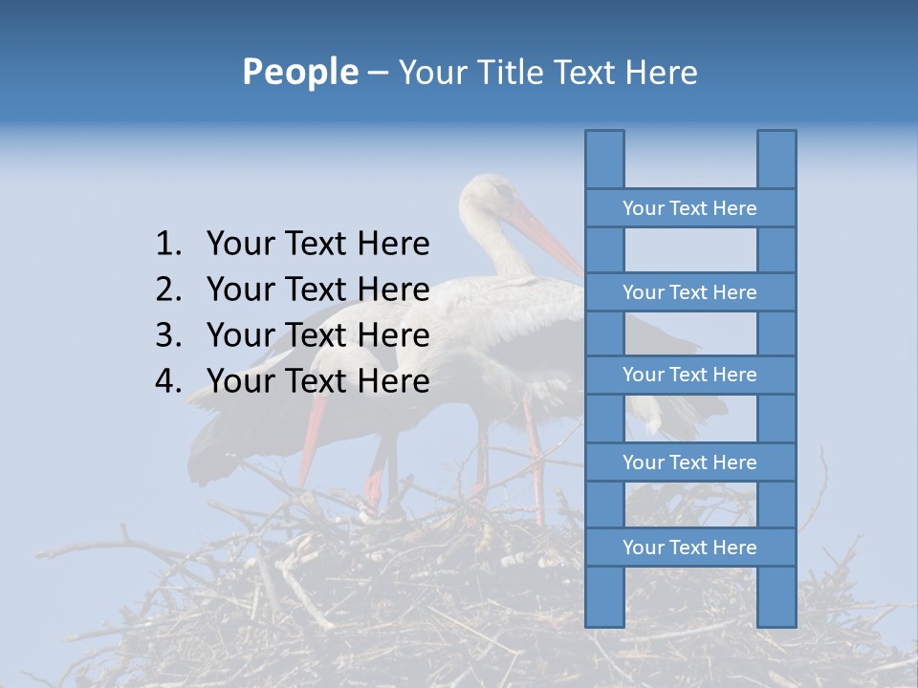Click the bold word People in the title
(x=299, y=72)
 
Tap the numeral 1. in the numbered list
(x=168, y=245)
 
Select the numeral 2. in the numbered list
(x=168, y=290)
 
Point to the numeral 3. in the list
(x=168, y=335)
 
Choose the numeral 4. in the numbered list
(x=168, y=381)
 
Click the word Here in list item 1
(x=393, y=245)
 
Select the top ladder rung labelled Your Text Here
(x=689, y=208)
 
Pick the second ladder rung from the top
(x=689, y=292)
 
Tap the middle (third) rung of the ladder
(x=689, y=375)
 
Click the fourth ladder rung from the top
(x=689, y=462)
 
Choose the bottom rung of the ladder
(x=689, y=548)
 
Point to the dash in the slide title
(x=377, y=74)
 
